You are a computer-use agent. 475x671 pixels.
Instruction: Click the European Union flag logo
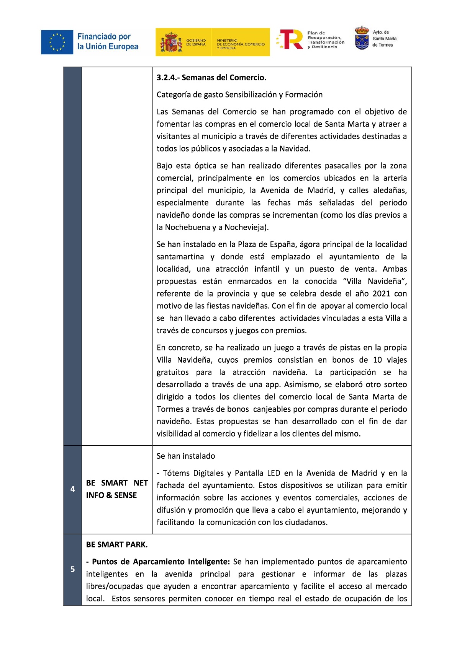[57, 42]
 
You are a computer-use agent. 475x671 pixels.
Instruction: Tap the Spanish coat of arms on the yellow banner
[171, 42]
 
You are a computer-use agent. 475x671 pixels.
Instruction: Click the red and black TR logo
[291, 39]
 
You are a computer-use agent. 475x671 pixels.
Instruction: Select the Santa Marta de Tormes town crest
[362, 38]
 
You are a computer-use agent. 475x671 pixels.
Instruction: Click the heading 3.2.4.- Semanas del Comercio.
[211, 78]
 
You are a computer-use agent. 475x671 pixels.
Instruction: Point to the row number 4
[72, 489]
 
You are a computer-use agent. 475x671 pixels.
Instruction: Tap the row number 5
[72, 569]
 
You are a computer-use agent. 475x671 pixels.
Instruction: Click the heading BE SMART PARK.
[116, 544]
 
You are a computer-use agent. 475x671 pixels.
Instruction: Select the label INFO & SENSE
[111, 495]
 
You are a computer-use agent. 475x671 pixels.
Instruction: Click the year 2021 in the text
[381, 294]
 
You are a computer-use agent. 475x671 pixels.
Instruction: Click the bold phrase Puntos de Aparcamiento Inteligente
[161, 562]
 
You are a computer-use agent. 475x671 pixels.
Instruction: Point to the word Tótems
[177, 473]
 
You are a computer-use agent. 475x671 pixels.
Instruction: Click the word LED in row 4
[274, 473]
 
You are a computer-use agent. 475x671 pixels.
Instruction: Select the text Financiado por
[104, 37]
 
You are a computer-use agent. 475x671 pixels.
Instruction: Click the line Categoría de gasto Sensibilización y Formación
[239, 95]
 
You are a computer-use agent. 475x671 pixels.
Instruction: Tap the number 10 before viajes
[377, 360]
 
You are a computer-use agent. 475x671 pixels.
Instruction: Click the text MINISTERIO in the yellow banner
[227, 40]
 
